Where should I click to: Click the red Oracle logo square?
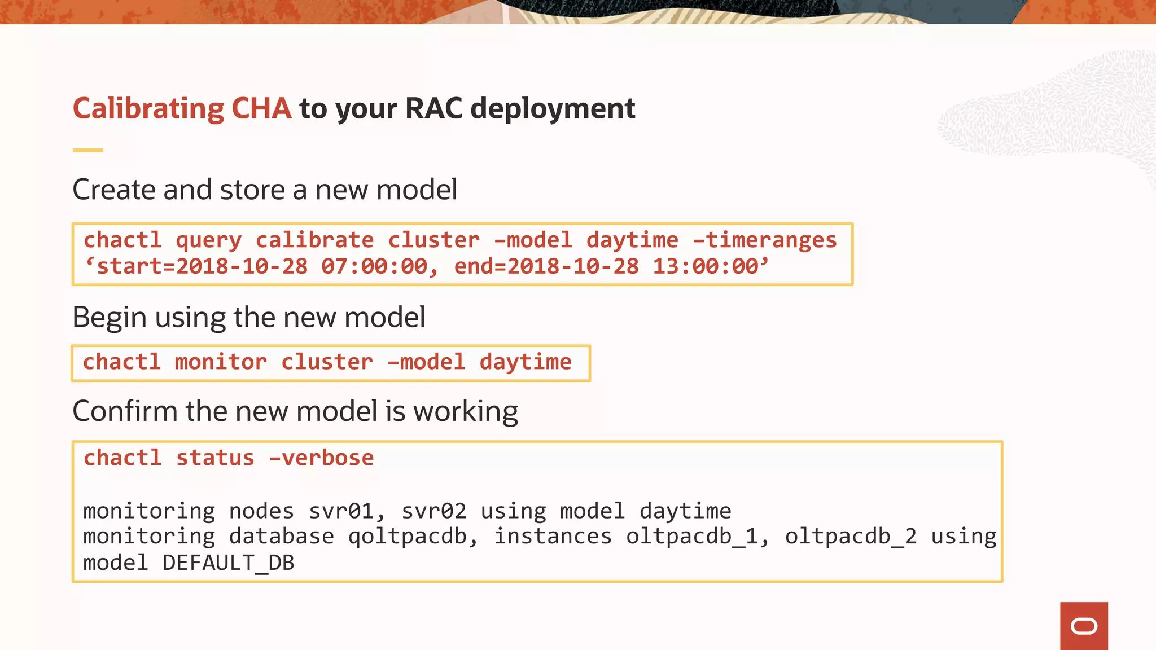pos(1084,626)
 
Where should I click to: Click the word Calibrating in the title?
pos(148,108)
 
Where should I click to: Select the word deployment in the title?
pos(553,109)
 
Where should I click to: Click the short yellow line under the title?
pos(87,150)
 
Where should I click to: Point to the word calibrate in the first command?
pos(314,240)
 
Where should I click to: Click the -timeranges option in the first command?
pos(765,240)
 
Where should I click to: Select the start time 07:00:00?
pos(374,266)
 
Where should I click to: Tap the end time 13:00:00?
pos(706,266)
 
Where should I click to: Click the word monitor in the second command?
pos(221,362)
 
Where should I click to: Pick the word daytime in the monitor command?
pos(526,362)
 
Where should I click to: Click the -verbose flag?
pos(321,458)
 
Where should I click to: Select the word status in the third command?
pos(215,458)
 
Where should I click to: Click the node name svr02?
pos(433,511)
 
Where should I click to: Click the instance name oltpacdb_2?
pos(851,537)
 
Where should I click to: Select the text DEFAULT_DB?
pos(228,563)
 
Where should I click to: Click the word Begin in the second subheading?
pos(110,318)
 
